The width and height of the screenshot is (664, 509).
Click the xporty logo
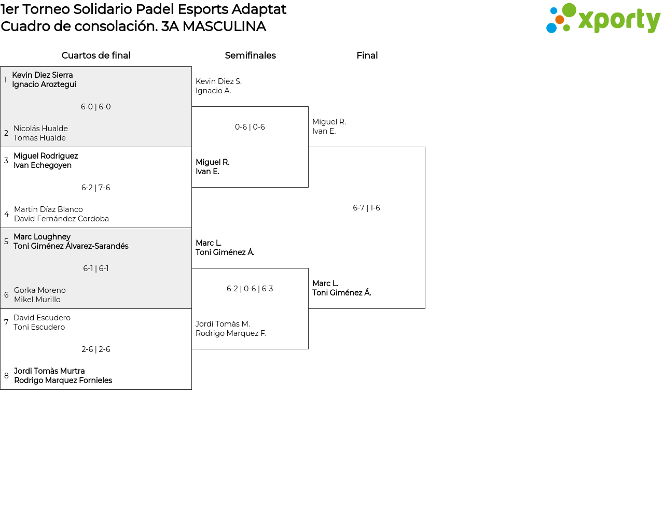point(603,18)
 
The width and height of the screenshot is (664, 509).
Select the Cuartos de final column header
point(96,55)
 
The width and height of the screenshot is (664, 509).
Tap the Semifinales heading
point(250,55)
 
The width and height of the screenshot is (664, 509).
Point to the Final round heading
point(367,55)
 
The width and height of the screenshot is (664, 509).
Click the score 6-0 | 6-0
point(95,107)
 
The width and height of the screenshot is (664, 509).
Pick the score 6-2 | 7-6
point(95,188)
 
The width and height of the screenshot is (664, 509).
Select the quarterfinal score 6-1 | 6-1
point(95,268)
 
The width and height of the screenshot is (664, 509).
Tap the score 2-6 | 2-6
point(95,349)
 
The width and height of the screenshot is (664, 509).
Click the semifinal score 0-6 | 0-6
point(250,126)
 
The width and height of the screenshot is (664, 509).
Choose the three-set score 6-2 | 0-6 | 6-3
point(250,289)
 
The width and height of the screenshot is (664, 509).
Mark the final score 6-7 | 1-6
point(366,208)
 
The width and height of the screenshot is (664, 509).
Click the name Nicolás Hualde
point(40,128)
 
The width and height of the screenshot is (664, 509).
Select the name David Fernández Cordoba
point(61,219)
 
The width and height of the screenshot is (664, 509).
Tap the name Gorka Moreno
point(40,290)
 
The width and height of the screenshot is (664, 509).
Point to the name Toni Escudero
point(39,327)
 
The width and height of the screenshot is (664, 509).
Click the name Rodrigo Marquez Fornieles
point(63,380)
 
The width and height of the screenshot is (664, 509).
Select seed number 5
point(6,241)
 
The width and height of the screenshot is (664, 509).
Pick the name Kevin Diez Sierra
point(43,75)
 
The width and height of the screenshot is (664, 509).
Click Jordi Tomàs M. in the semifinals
point(223,323)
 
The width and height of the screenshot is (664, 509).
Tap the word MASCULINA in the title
point(225,26)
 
